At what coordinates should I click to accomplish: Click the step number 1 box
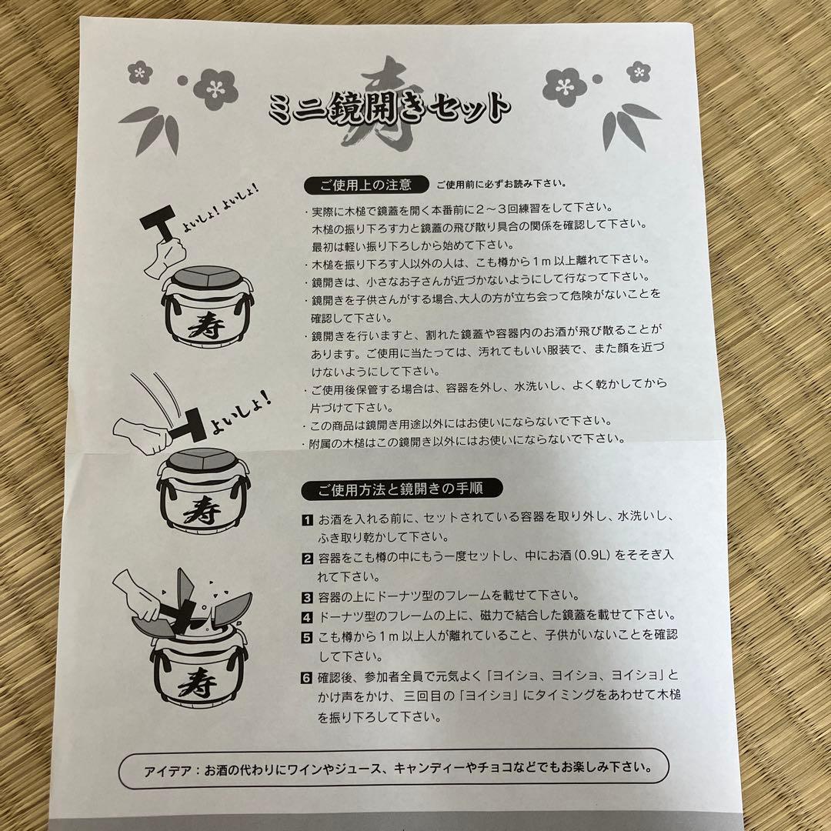click(x=306, y=521)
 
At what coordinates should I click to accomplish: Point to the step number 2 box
click(x=306, y=558)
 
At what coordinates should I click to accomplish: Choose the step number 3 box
click(x=306, y=596)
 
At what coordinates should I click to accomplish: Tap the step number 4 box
click(x=306, y=616)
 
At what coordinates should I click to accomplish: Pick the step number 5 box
click(x=306, y=636)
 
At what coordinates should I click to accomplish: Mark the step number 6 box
click(x=306, y=677)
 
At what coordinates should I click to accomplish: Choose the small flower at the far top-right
click(x=639, y=72)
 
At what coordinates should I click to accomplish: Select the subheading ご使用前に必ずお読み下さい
click(x=502, y=185)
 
